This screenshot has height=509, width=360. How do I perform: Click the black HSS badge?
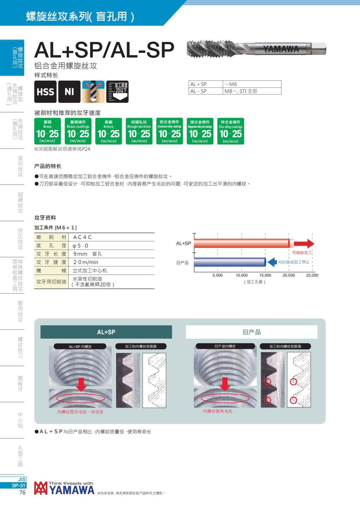[45, 92]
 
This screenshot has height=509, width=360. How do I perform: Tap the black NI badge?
[69, 92]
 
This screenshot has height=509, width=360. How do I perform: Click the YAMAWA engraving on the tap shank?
[281, 49]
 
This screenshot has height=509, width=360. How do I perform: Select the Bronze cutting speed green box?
[109, 131]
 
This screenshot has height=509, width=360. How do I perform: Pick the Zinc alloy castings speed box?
[230, 131]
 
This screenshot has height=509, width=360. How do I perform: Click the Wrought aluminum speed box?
[139, 131]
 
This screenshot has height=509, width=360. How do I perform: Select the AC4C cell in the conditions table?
[82, 237]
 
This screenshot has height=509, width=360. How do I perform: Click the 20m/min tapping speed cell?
[86, 262]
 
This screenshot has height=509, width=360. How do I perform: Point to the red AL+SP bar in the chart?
[241, 243]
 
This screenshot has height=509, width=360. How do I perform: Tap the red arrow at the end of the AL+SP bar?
[304, 243]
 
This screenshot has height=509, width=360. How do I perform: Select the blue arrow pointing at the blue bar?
[272, 262]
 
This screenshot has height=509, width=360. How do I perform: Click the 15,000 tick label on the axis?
[265, 275]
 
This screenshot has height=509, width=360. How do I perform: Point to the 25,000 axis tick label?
[312, 275]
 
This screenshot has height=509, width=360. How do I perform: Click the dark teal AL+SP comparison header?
[106, 332]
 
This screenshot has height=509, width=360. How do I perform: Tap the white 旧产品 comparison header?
[251, 332]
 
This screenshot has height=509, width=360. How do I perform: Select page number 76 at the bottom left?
[22, 493]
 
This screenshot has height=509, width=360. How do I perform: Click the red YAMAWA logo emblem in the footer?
[40, 488]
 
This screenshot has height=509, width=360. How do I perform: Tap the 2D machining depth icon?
[118, 92]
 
